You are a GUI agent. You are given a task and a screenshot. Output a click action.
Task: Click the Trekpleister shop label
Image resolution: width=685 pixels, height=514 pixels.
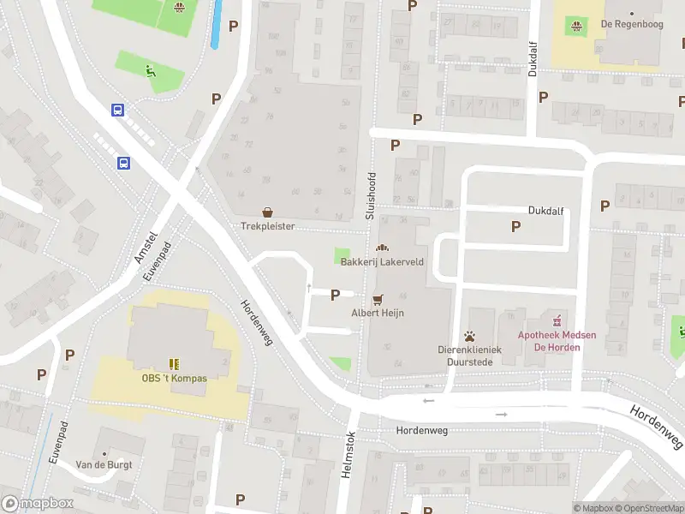[x=267, y=227]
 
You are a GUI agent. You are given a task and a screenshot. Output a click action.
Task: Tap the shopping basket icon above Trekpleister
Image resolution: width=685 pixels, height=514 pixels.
[x=267, y=212]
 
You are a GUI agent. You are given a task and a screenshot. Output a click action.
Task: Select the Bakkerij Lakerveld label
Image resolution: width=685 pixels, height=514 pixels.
[x=382, y=261]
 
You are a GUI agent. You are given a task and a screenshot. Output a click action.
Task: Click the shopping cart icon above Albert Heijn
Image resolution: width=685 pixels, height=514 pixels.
[x=378, y=298]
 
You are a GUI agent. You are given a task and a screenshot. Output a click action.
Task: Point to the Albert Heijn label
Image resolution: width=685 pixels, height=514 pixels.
[x=378, y=313]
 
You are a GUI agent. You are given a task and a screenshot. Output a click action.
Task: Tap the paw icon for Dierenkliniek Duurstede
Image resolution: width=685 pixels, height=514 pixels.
[x=469, y=335]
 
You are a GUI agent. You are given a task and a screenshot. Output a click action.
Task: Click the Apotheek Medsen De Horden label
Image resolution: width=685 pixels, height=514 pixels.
[x=557, y=341]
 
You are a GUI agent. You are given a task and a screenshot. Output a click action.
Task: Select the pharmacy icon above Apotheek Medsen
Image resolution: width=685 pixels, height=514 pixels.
[x=558, y=321]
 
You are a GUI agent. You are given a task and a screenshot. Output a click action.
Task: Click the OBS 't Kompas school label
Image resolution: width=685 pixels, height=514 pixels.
[x=175, y=378]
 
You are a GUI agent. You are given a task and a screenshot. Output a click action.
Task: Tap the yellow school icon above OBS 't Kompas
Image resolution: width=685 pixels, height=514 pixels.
[x=175, y=363]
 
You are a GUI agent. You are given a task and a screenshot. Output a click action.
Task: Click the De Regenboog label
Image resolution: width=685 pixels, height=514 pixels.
[x=632, y=24]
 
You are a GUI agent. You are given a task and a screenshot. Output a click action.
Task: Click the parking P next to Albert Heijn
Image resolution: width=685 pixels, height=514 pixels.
[x=335, y=295]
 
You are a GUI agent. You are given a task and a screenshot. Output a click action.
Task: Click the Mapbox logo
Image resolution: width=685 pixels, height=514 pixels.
[x=38, y=504]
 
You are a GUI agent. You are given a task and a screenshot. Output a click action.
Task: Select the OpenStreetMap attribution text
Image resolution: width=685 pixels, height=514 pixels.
[x=652, y=509]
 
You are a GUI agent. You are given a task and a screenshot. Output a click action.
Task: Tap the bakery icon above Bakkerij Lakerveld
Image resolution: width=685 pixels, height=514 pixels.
[x=382, y=247]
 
